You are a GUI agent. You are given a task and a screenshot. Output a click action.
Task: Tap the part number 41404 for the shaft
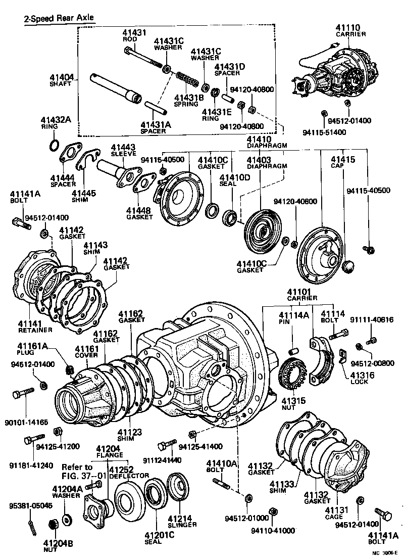pyautogui.click(x=62, y=77)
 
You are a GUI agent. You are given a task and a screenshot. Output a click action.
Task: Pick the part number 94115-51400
pyautogui.click(x=324, y=132)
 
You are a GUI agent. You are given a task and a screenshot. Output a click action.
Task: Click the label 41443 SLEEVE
pyautogui.click(x=122, y=150)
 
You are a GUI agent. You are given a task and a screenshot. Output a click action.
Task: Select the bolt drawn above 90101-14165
pyautogui.click(x=25, y=393)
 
